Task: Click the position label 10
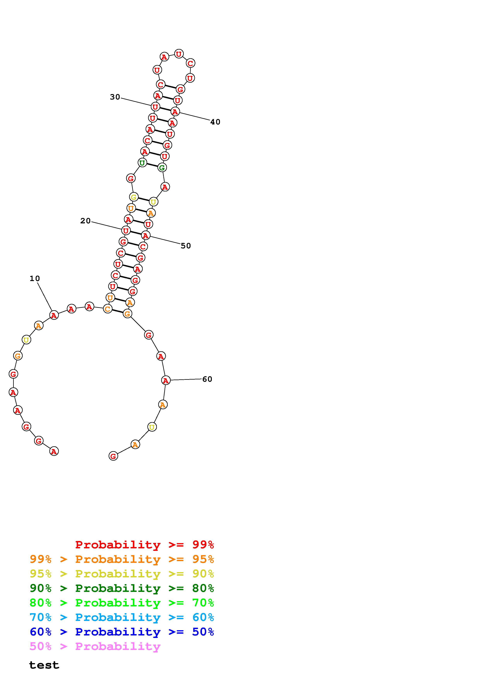pyautogui.click(x=35, y=278)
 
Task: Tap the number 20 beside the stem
pyautogui.click(x=85, y=221)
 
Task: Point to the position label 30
pyautogui.click(x=115, y=97)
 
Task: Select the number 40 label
pyautogui.click(x=215, y=122)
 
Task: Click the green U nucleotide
pyautogui.click(x=142, y=162)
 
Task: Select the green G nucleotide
pyautogui.click(x=162, y=168)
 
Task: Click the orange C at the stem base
pyautogui.click(x=108, y=309)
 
